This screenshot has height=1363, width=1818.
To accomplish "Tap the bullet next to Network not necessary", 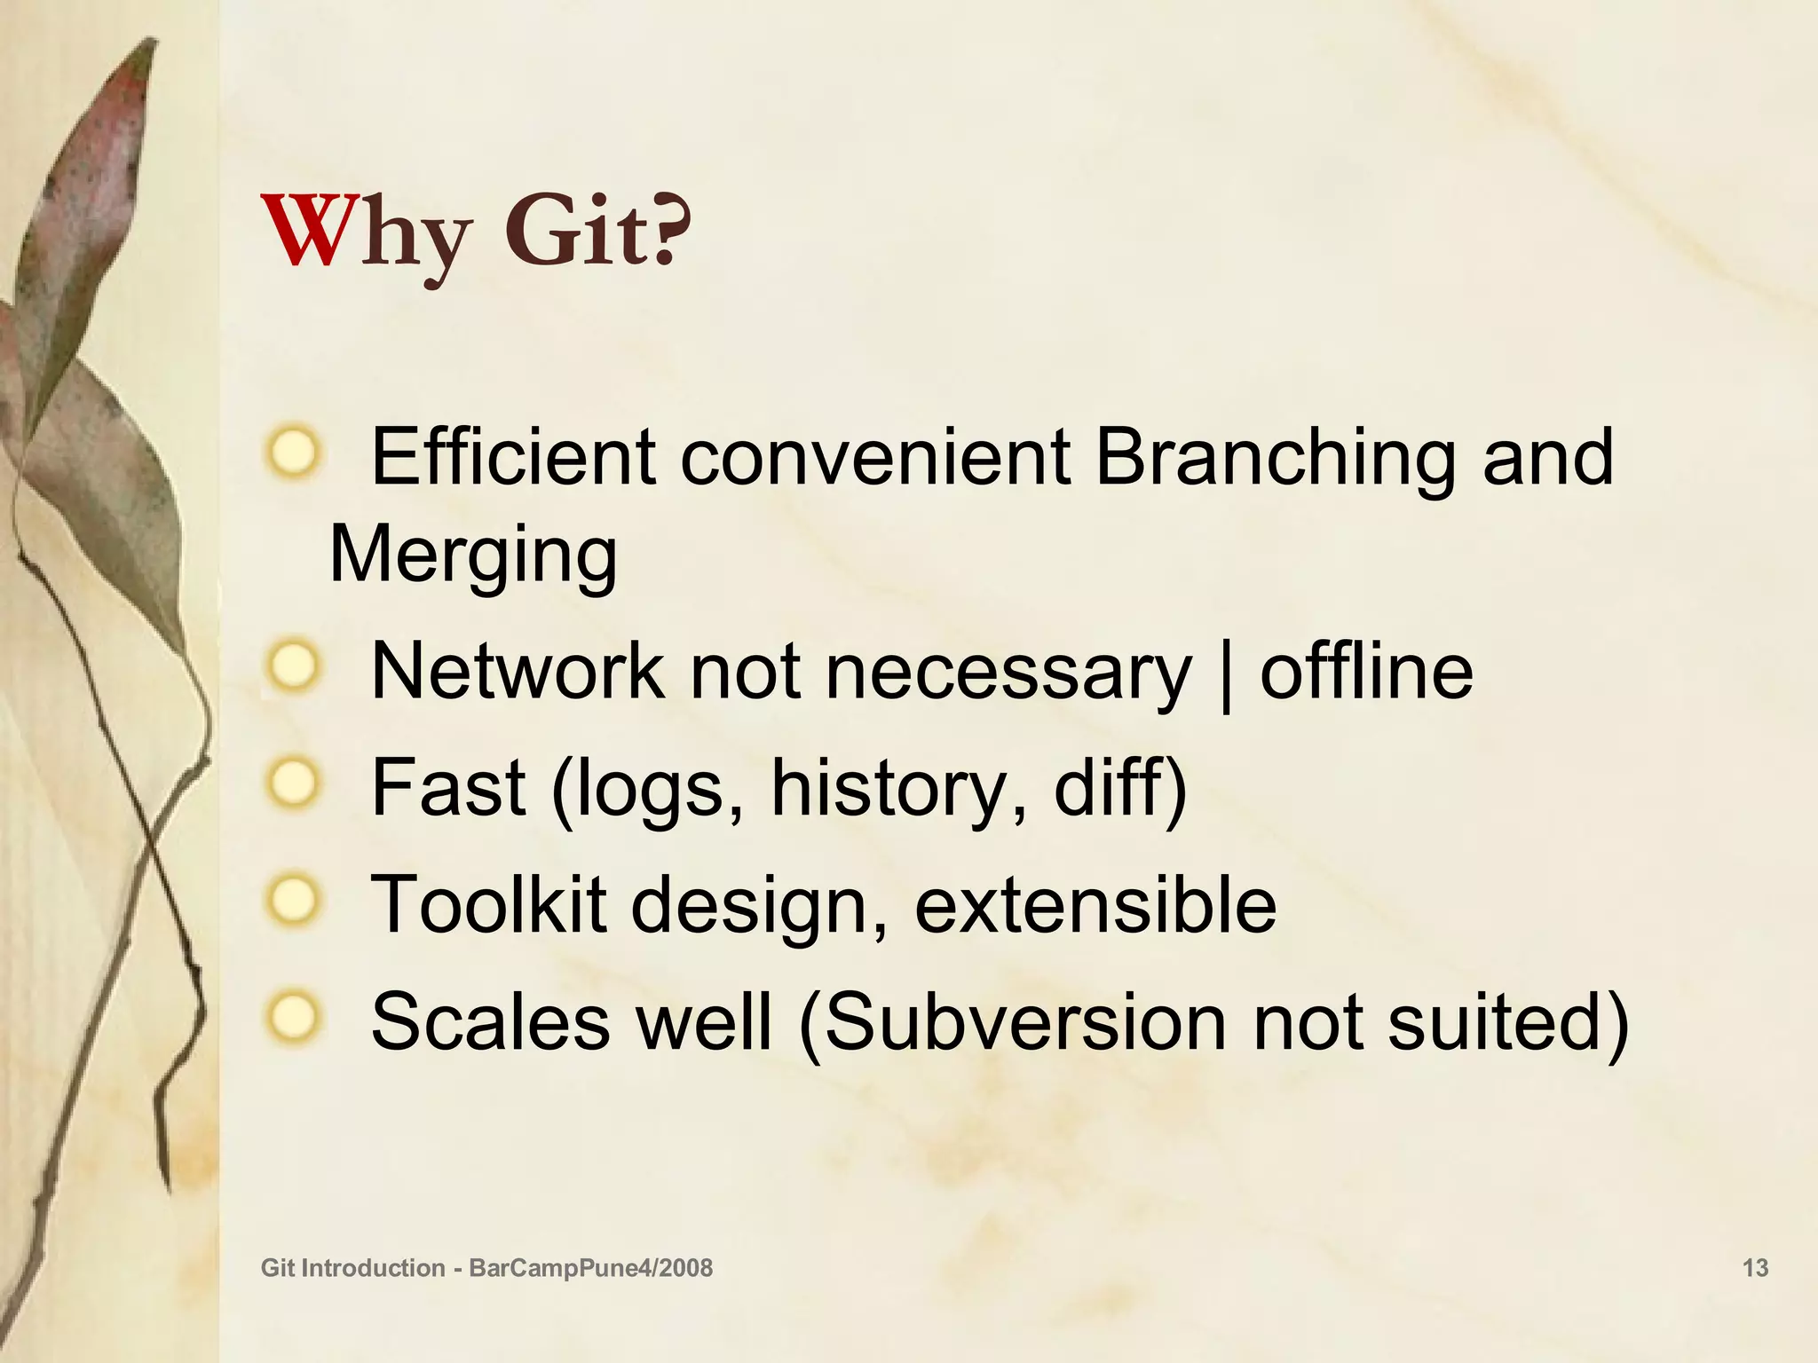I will point(291,666).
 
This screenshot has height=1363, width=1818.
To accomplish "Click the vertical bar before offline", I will point(1226,676).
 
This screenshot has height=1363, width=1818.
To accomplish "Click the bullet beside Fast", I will point(291,783).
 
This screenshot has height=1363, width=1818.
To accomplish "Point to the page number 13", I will point(1755,1268).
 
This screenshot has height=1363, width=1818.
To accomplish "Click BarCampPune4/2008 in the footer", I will point(590,1268).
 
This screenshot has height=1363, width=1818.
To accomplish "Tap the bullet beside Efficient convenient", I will point(291,453).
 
